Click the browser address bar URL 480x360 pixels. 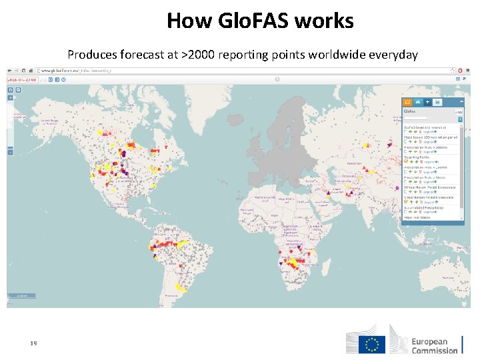point(80,70)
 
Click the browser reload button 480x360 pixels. point(23,70)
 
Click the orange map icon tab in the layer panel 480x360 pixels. point(407,102)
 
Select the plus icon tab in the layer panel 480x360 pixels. point(427,102)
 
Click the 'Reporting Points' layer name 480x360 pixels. point(417,157)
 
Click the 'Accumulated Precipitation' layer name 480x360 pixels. point(427,207)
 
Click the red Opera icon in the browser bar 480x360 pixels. point(460,70)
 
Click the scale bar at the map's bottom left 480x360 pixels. point(25,295)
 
